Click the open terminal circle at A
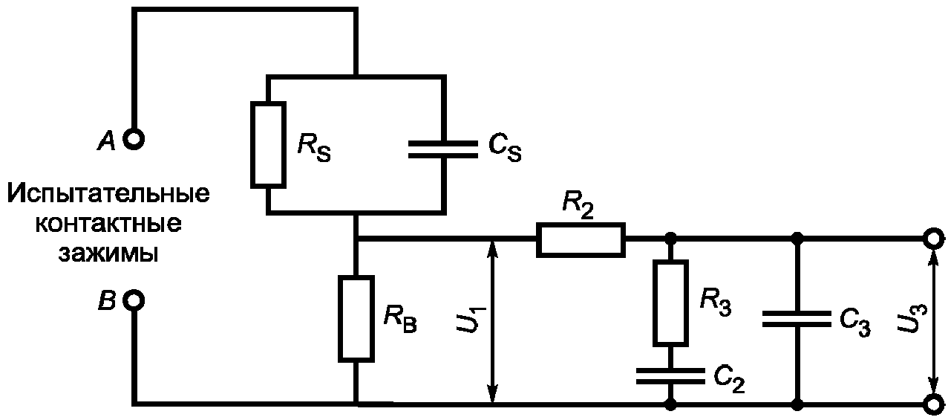(x=134, y=139)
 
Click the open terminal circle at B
(x=134, y=300)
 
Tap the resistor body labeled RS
(x=268, y=144)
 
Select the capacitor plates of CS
(x=443, y=149)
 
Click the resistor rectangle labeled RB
(x=356, y=319)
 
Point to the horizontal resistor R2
(x=581, y=240)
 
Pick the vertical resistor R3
(x=670, y=303)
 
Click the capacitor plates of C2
(x=670, y=376)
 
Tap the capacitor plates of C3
(x=797, y=319)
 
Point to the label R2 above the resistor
(x=578, y=207)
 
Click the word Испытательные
(x=108, y=194)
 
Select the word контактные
(x=108, y=224)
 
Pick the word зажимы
(x=108, y=254)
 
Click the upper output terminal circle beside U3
(x=933, y=239)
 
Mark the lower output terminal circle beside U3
(x=933, y=404)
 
